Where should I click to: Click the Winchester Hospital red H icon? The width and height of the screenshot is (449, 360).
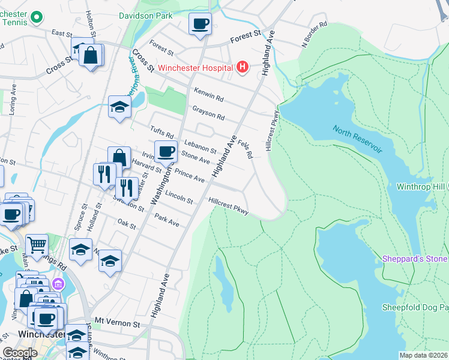[x=243, y=67]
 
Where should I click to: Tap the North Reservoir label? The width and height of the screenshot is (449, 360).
[x=358, y=139]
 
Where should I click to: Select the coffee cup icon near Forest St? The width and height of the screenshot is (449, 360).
[x=200, y=24]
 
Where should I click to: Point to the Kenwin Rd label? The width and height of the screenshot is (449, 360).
[x=208, y=94]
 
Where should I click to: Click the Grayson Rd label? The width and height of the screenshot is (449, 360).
[x=208, y=112]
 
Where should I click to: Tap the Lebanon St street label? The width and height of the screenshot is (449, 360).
[x=200, y=146]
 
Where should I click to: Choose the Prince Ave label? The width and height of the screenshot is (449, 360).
[x=190, y=177]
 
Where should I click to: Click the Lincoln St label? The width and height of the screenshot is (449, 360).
[x=179, y=196]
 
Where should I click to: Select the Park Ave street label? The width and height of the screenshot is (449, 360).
[x=167, y=220]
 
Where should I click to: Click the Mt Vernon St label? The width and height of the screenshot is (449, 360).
[x=117, y=323]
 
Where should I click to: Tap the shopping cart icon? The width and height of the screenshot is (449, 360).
[x=37, y=245]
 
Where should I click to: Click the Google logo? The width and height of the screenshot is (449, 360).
[x=20, y=353]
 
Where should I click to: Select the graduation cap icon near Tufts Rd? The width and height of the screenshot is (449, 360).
[x=120, y=107]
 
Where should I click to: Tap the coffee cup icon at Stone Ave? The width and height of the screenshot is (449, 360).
[x=166, y=151]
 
